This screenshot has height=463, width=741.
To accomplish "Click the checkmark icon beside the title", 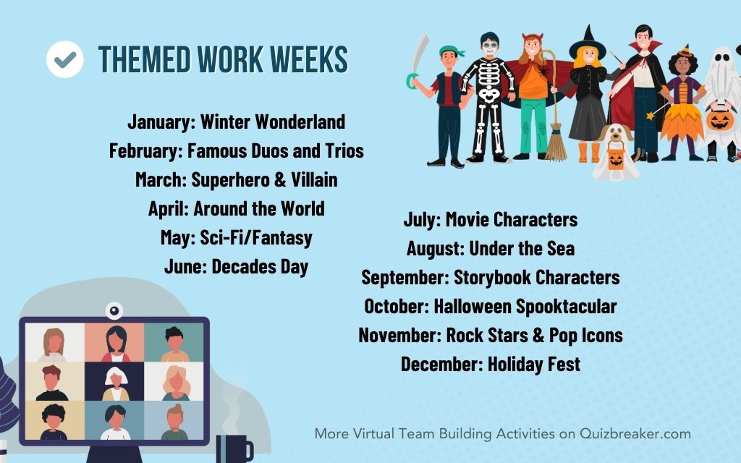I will click(65, 59).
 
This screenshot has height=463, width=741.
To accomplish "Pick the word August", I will click(435, 249).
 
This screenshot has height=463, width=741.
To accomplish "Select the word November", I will click(399, 335).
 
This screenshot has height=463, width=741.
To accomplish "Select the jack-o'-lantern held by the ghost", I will click(719, 119).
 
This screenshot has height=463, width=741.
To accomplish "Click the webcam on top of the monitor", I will click(114, 310).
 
